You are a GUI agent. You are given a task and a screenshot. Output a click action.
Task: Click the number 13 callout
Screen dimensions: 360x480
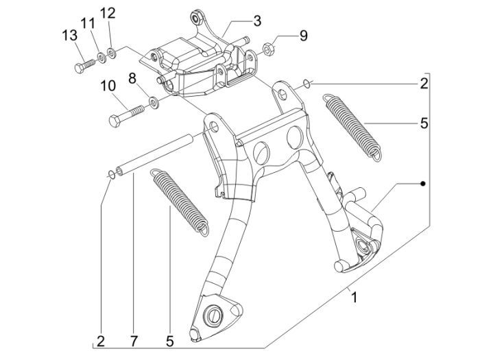click(x=69, y=35)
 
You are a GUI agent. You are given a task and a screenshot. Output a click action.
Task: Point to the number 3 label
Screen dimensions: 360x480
click(x=256, y=21)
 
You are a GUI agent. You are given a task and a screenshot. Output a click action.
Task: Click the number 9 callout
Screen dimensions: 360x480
click(x=302, y=36)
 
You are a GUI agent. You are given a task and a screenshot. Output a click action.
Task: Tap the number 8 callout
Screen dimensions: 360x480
click(x=133, y=80)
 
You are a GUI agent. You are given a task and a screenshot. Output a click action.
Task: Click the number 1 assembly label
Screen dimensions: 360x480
click(x=354, y=298)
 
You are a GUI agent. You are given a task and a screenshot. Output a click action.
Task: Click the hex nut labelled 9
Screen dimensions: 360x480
click(x=270, y=49)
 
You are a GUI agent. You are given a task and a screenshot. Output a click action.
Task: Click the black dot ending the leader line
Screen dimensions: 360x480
click(x=423, y=184)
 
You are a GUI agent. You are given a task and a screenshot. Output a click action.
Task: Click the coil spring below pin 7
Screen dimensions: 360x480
click(x=180, y=200)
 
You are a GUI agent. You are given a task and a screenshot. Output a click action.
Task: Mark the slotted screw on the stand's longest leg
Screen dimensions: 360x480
click(x=213, y=315)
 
